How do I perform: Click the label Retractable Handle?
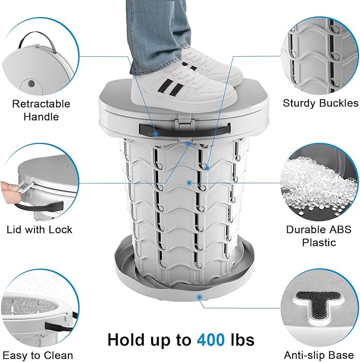point(41,110)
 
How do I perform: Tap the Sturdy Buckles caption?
point(320,103)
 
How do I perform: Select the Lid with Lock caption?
point(39,229)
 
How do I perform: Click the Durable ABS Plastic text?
point(319,236)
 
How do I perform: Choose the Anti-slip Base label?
point(319,355)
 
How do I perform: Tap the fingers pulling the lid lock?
point(6,188)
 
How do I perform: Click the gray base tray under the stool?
point(133,276)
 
